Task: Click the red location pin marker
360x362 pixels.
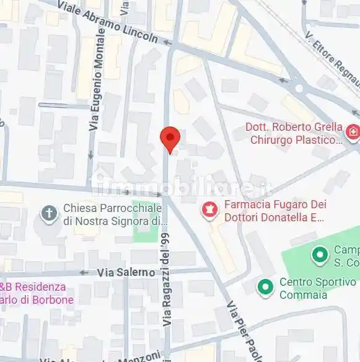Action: tap(170, 138)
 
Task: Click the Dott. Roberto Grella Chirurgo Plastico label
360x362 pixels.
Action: tap(294, 133)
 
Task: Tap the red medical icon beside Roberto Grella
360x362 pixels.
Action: tap(352, 132)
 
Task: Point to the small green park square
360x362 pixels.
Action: tap(145, 231)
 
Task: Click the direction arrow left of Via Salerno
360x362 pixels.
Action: tap(84, 272)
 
